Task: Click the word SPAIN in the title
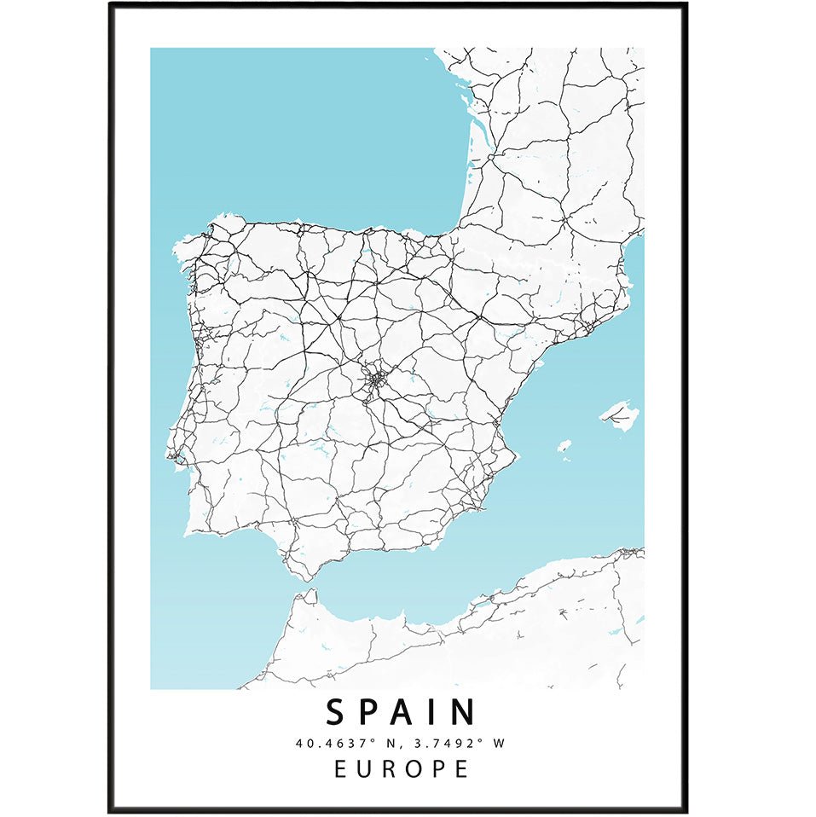[x=401, y=712]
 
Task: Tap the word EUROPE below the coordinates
[x=401, y=768]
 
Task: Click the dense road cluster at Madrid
[x=375, y=381]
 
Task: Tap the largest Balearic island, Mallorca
[x=620, y=415]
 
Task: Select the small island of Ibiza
[x=564, y=446]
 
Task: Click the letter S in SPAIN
[x=335, y=712]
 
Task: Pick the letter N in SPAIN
[x=464, y=712]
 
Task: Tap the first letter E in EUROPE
[x=340, y=768]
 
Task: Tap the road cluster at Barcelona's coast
[x=588, y=325]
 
